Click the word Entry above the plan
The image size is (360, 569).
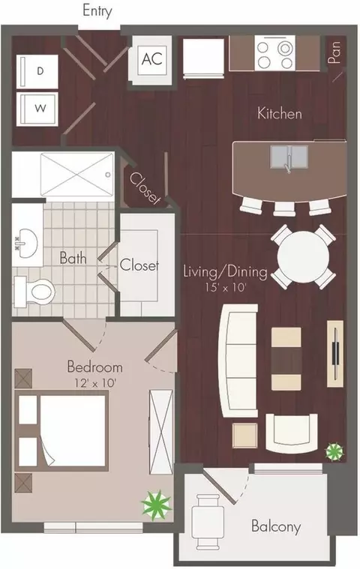pos(97,11)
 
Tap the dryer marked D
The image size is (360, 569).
pos(37,71)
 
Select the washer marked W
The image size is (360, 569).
pos(37,109)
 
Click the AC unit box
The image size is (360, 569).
pos(151,59)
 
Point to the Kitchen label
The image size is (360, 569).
pos(280,113)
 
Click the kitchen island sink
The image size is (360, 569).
pos(289,157)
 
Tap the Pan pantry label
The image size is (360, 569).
pos(334,52)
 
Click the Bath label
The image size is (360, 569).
pos(73,258)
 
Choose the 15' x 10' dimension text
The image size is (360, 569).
pos(226,288)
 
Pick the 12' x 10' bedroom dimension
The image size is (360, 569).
pos(95,383)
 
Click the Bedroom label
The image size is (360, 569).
pos(94,367)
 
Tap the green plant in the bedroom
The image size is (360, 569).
pos(156,504)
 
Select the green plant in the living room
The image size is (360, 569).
pos(334,452)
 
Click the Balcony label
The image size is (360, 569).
pos(276,526)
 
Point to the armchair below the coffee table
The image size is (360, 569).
pos(292,433)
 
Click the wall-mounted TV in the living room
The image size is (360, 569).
pos(335,353)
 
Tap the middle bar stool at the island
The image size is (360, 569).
pos(284,208)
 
